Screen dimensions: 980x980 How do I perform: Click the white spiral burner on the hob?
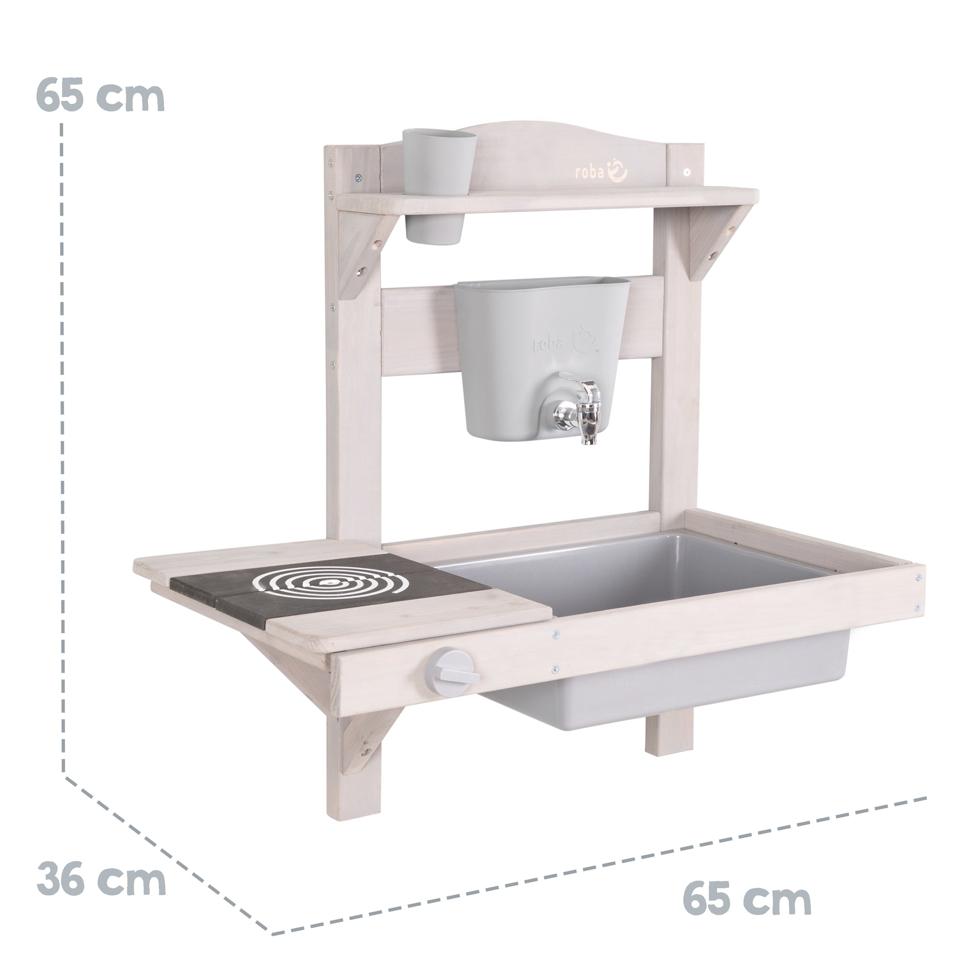tap(330, 583)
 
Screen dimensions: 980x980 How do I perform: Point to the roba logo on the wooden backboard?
tap(601, 171)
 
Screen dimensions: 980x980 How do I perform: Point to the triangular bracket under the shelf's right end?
tap(710, 241)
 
